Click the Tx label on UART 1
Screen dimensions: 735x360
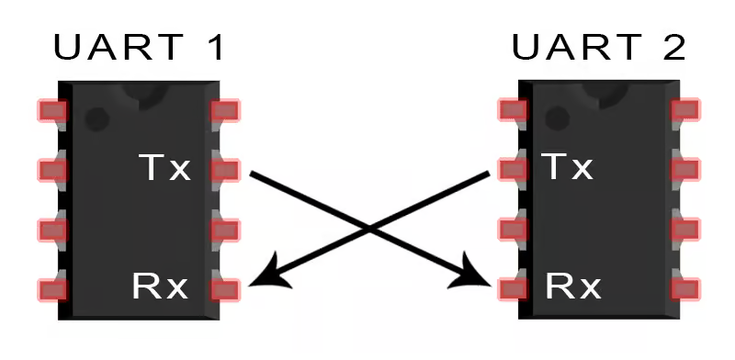[x=165, y=167]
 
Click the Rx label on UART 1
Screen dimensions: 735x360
[x=160, y=287]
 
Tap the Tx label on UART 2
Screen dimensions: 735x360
[x=568, y=166]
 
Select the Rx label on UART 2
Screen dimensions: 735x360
[x=572, y=287]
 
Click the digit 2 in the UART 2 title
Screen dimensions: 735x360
[x=673, y=47]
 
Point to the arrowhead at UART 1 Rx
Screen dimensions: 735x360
[x=267, y=276]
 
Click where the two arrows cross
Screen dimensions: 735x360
[x=370, y=230]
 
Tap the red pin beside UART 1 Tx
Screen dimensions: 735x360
[x=225, y=170]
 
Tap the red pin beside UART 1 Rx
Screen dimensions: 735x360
[x=225, y=289]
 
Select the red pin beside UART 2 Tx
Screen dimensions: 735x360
[x=513, y=169]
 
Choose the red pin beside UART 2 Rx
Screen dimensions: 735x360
[x=513, y=289]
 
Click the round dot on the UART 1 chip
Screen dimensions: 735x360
[x=97, y=119]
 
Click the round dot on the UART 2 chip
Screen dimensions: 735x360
[x=557, y=118]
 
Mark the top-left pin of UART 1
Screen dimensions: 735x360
[x=52, y=110]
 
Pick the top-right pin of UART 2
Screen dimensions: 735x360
[x=685, y=109]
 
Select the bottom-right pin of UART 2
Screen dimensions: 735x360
[x=685, y=288]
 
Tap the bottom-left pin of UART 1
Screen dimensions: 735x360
[x=52, y=289]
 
